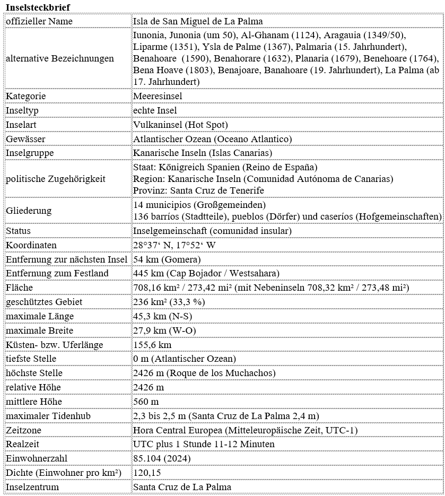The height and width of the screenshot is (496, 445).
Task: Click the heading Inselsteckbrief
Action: point(37,6)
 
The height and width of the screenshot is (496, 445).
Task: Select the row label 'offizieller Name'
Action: point(39,21)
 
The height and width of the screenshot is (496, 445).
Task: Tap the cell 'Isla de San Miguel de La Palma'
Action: point(198,21)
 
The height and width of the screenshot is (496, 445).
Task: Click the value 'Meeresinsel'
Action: point(158,96)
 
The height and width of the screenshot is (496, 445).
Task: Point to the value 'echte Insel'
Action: point(155,110)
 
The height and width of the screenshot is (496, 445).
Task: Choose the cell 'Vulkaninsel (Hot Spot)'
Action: point(180,125)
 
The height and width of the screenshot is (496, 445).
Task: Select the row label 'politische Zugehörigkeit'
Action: point(56,179)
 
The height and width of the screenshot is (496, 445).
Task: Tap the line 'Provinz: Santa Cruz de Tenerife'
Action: point(198,190)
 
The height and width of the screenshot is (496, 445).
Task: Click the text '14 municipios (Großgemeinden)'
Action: point(199,205)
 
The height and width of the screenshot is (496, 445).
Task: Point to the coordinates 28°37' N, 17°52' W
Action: point(174,245)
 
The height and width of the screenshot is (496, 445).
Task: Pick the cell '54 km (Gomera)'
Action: point(167,259)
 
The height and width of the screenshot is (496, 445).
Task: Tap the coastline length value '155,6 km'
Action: point(152,345)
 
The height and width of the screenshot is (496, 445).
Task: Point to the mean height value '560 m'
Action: point(146,402)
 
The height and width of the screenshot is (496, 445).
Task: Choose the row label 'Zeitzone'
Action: point(23,430)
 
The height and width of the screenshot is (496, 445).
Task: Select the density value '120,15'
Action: point(147,473)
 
